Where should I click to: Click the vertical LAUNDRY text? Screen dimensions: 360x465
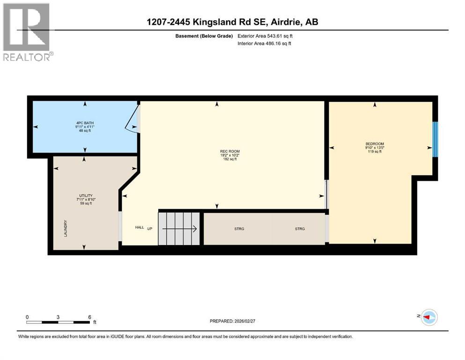tap(66, 228)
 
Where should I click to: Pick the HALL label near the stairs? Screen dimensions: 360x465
tap(140, 227)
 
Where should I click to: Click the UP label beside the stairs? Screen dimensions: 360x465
tap(150, 229)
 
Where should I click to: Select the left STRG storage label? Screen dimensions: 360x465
tap(239, 229)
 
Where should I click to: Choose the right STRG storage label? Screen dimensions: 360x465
tap(300, 229)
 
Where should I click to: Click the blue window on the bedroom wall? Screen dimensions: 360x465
tap(435, 139)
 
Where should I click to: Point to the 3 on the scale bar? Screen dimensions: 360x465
tap(58, 317)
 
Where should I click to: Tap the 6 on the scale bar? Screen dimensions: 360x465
tap(89, 317)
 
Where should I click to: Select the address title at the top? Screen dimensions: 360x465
tap(232, 22)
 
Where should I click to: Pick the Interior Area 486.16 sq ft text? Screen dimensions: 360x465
tap(265, 44)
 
